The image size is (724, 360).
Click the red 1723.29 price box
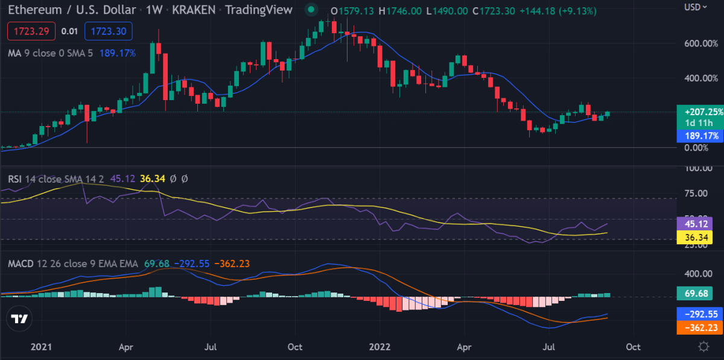pos(31,31)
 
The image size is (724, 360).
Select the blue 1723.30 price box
pos(108,31)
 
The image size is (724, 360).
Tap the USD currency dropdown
pos(696,7)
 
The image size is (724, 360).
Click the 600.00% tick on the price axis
pos(701,43)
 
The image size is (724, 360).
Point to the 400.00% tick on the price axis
pos(701,78)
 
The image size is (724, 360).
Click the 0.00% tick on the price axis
pos(696,148)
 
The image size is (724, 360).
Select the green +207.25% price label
pos(700,117)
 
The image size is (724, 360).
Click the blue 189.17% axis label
pos(700,136)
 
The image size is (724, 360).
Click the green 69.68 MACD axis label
pos(694,294)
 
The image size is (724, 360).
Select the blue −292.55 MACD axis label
pos(700,314)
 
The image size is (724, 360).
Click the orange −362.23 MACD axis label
pos(700,327)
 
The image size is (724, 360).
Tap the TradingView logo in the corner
pos(19,318)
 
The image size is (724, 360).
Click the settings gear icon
pos(703,347)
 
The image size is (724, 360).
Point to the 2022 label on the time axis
pos(379,347)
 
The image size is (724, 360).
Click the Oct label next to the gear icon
pos(633,347)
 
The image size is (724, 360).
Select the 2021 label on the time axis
pos(41,347)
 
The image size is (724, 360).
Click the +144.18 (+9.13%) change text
pos(558,11)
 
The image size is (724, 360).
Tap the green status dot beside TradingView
pos(311,10)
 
